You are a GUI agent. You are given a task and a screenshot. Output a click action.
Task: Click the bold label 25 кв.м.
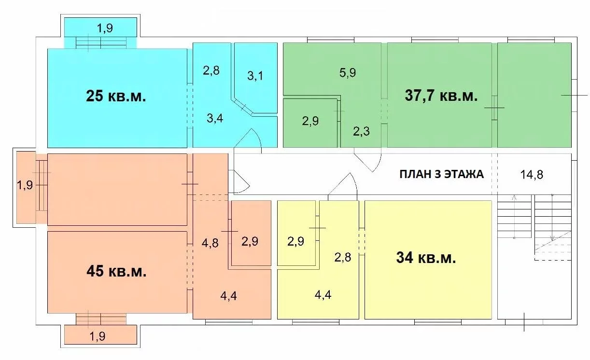click(x=116, y=96)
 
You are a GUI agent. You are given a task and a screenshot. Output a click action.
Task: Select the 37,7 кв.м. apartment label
click(x=441, y=96)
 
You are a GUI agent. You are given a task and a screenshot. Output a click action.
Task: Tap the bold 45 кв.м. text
click(x=116, y=271)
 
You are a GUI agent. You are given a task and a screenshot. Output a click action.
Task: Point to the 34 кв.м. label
click(x=426, y=258)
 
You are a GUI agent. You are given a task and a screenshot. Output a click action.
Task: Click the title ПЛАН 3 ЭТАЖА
click(x=441, y=174)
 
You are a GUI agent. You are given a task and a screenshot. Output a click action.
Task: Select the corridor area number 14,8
click(x=532, y=175)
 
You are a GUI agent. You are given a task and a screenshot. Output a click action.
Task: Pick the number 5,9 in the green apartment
click(x=348, y=72)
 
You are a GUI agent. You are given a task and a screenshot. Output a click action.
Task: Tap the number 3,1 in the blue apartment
click(x=255, y=76)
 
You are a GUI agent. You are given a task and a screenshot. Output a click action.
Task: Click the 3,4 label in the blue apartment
click(x=215, y=118)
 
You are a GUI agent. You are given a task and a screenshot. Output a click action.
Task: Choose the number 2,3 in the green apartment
click(x=361, y=131)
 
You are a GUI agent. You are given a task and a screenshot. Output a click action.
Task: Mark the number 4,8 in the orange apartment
click(x=210, y=243)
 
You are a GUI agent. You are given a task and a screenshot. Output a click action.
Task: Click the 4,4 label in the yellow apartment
click(x=323, y=295)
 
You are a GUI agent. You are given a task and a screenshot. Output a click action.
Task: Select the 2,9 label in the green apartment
click(x=310, y=121)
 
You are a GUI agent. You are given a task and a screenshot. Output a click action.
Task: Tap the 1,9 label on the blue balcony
click(x=105, y=28)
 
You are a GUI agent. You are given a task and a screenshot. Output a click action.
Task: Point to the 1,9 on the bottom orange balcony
click(x=98, y=336)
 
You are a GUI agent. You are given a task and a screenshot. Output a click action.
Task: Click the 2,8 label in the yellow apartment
click(x=343, y=257)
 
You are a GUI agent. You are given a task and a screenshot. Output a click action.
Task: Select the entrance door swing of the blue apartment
click(x=248, y=138)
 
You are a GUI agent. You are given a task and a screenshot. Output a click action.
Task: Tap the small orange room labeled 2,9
click(x=251, y=233)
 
